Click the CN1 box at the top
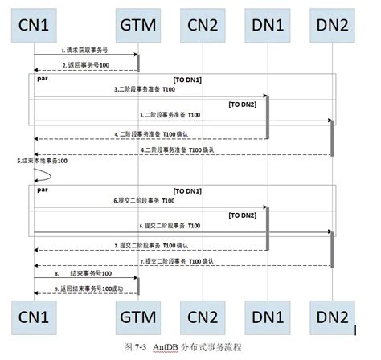pyautogui.click(x=34, y=26)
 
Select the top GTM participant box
pyautogui.click(x=137, y=26)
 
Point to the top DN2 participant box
pyautogui.click(x=331, y=26)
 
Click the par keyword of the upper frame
pyautogui.click(x=43, y=80)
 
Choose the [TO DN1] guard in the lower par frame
pyautogui.click(x=189, y=191)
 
